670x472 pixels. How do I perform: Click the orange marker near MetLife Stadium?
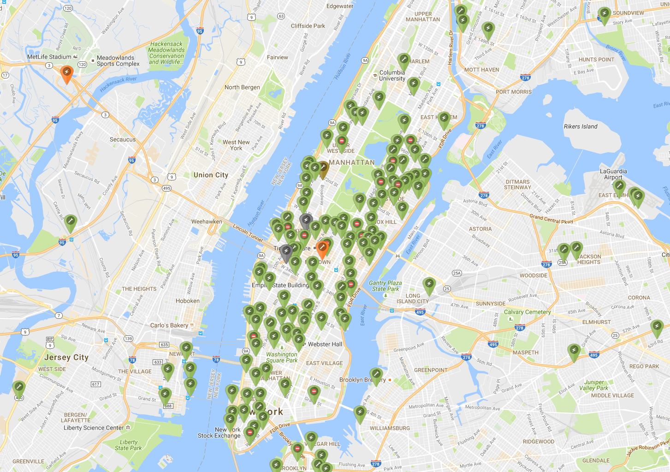pos(67,74)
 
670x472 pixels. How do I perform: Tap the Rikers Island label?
pos(580,126)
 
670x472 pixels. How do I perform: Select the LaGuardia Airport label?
pos(613,174)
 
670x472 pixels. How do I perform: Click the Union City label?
pos(211,175)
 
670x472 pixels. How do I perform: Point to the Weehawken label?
pos(207,221)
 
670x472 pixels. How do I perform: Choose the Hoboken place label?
pos(188,301)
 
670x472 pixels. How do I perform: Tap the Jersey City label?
pos(66,357)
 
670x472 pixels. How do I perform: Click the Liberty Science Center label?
pos(94,428)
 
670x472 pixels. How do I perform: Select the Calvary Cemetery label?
pos(527,312)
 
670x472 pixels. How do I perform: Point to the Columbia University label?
pos(392,75)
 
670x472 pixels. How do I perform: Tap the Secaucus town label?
pos(123,139)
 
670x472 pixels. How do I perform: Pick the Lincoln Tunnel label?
pos(248,233)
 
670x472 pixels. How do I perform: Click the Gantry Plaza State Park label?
pos(385,286)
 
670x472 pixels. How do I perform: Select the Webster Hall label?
pos(325,344)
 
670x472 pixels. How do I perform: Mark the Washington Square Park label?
pos(282,357)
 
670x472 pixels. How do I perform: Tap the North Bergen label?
pos(242,87)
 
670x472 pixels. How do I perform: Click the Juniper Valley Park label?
pos(594,385)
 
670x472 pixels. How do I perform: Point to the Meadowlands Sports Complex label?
pos(118,61)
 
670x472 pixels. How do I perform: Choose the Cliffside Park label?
pos(308,26)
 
